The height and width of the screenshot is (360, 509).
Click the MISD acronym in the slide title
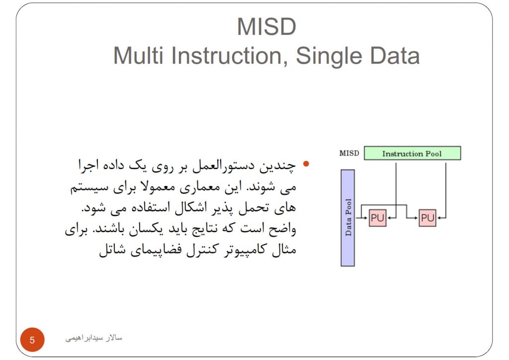266,27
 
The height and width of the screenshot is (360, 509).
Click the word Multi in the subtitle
138,56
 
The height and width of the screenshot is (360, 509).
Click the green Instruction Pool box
412,153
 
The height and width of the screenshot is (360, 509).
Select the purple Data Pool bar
347,218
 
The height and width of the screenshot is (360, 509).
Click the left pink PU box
378,218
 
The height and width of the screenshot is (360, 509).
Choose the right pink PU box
427,218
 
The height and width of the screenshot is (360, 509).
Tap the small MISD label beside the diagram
349,153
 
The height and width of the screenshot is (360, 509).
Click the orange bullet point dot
306,164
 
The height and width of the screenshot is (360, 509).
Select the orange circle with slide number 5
32,340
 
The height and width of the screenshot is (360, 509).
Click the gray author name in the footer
94,338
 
